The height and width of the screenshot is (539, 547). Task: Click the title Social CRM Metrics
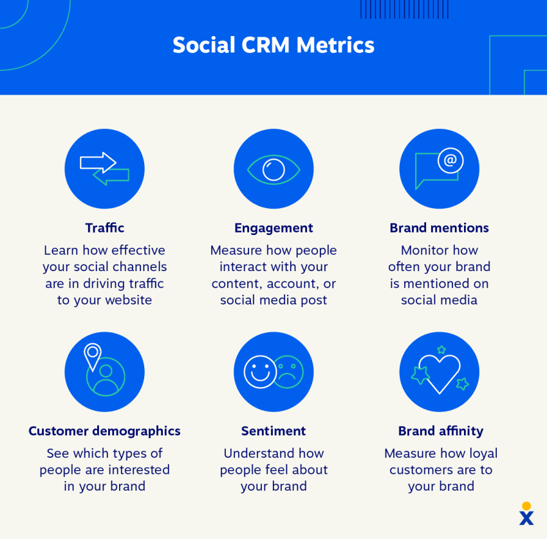pos(273,45)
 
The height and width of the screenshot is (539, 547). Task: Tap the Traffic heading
pos(105,228)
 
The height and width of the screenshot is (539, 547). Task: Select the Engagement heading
pos(273,229)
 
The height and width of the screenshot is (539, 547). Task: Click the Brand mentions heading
pos(439,228)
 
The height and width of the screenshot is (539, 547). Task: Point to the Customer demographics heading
pos(105,431)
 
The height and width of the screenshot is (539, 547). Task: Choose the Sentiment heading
pos(273,431)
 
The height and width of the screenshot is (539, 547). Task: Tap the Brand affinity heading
pos(441,431)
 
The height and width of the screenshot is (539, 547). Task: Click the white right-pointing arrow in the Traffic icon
pos(98,163)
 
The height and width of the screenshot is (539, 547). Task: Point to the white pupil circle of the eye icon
pos(273,169)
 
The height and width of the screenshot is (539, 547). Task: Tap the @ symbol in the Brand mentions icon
pos(450,160)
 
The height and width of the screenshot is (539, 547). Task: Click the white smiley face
pos(260,372)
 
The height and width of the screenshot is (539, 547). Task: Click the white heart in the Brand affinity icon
pos(440,373)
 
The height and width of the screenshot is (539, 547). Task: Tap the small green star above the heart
pos(441,350)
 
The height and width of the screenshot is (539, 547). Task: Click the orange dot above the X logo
pos(526,506)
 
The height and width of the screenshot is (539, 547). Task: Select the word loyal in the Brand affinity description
pos(483,454)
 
